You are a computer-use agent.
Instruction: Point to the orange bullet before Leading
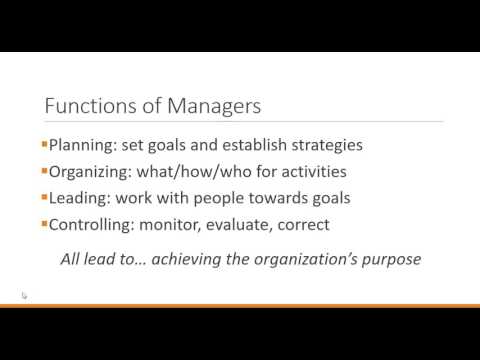pos(43,197)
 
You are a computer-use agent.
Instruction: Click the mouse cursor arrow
pos(24,296)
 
